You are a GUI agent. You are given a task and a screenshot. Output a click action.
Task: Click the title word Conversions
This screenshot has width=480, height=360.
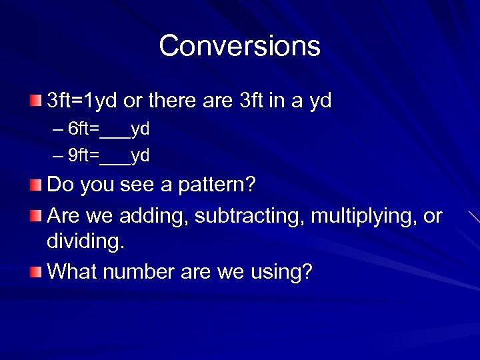pos(239,46)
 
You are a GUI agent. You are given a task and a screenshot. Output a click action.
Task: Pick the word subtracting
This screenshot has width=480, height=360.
pos(245,217)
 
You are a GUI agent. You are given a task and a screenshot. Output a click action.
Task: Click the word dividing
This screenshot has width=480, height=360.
pos(85,241)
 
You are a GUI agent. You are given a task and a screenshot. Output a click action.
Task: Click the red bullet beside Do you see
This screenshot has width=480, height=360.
pos(36,184)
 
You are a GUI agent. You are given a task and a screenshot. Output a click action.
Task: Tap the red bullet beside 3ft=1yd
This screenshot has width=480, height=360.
pos(36,101)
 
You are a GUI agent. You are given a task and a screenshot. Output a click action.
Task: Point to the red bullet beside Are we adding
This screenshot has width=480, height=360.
pos(36,216)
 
